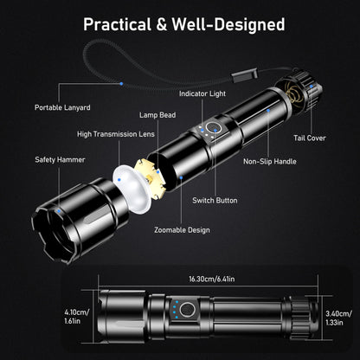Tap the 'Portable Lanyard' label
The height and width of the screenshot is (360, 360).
pyautogui.click(x=62, y=107)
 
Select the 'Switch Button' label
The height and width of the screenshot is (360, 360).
pyautogui.click(x=215, y=200)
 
